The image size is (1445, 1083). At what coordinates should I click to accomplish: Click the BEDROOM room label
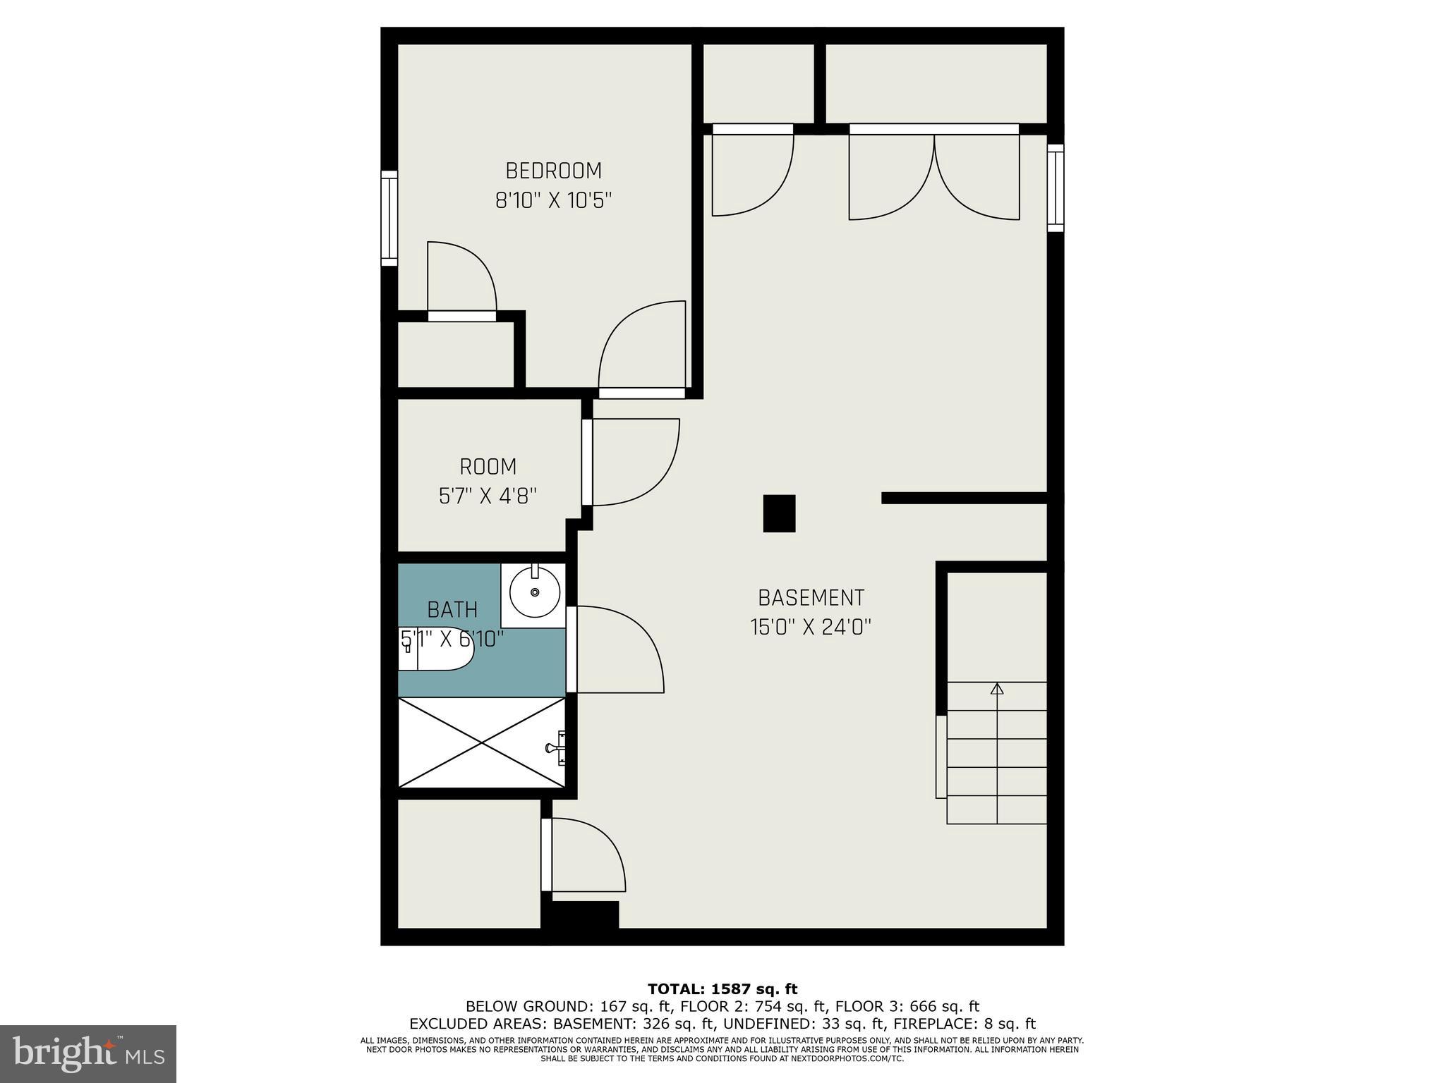[553, 171]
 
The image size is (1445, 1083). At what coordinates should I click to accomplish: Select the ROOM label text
[488, 467]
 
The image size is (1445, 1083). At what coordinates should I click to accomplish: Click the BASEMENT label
[811, 598]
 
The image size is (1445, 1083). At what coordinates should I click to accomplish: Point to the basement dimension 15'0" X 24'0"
[811, 628]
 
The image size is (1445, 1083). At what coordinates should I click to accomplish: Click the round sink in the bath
[534, 592]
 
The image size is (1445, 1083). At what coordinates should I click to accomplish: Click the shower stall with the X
[482, 742]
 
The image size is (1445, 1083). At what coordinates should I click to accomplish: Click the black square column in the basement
[779, 513]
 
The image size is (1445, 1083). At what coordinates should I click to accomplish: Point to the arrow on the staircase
[996, 689]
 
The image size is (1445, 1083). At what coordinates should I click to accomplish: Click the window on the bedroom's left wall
[389, 218]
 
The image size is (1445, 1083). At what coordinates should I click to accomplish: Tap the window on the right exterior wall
[1055, 188]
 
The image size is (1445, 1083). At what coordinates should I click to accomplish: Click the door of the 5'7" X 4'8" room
[631, 462]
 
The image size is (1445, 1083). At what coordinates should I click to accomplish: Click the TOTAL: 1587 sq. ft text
[722, 989]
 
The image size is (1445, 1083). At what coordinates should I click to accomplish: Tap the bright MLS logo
[88, 1053]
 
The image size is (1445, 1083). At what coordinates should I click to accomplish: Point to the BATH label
[452, 609]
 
